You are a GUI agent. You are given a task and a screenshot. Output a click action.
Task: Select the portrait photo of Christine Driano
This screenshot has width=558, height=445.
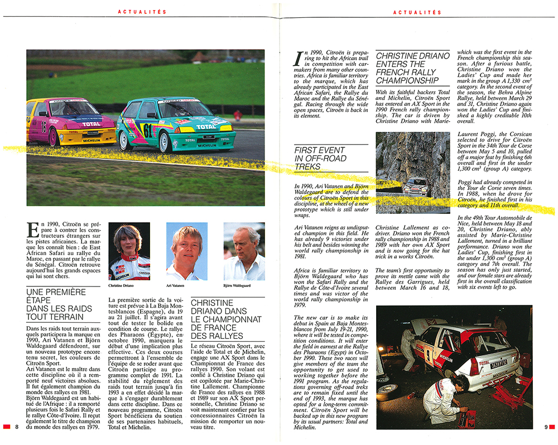click(x=128, y=251)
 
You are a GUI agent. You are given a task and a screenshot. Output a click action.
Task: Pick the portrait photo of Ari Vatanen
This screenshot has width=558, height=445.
click(x=187, y=251)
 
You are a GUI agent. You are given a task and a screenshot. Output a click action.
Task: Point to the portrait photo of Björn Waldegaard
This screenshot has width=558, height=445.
click(x=244, y=251)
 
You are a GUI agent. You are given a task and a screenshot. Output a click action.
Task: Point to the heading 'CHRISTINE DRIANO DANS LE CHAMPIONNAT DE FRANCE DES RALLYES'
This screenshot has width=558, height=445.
click(x=226, y=319)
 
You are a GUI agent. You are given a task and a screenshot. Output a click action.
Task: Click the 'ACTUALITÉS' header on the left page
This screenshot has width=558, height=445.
click(x=136, y=11)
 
